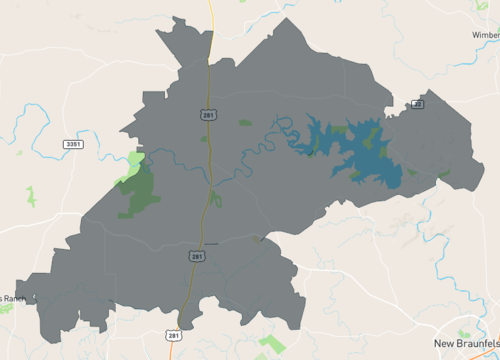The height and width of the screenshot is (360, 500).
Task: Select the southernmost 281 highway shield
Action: (x=173, y=335)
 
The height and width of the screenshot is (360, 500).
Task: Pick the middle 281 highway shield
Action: (x=197, y=256)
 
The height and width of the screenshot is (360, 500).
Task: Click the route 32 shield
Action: (x=418, y=104)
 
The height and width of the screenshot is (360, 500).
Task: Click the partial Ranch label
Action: (x=10, y=298)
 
